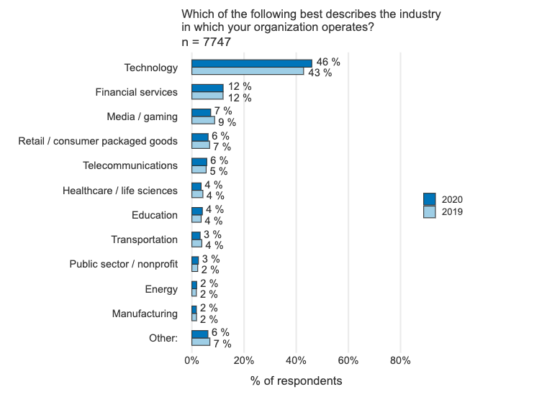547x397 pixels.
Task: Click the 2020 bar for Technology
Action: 251,63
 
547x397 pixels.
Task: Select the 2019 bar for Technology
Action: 248,71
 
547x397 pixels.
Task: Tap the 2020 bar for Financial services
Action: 207,88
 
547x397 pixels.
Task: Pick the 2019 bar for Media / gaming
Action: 203,120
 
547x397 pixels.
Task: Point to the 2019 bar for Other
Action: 200,342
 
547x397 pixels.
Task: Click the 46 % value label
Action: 328,63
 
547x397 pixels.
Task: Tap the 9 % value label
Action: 218,122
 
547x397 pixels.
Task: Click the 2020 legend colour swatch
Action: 430,199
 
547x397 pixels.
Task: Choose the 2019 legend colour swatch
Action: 430,211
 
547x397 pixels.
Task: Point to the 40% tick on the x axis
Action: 296,360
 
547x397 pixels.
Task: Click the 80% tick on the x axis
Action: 400,360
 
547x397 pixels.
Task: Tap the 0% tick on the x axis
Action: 191,360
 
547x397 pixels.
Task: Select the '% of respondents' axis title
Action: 297,380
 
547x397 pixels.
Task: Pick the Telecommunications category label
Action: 130,165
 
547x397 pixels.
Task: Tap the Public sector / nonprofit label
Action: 123,264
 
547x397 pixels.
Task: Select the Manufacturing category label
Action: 145,314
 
